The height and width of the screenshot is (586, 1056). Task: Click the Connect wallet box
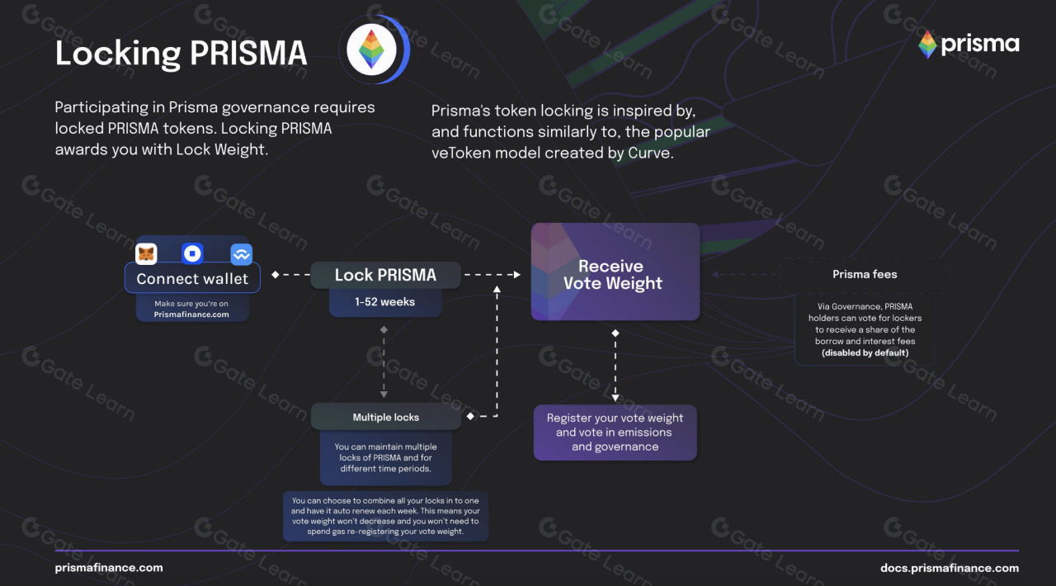[x=192, y=278]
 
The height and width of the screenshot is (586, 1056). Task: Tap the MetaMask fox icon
[x=146, y=254]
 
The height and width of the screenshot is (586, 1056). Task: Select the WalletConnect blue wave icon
[x=241, y=254]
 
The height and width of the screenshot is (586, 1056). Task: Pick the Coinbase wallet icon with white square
[x=192, y=254]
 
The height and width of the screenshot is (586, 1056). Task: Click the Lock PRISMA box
[x=385, y=275]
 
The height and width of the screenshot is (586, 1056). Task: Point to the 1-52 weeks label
[x=385, y=302]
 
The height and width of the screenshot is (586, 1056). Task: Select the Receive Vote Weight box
[x=615, y=272]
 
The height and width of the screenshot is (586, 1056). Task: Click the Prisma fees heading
[x=865, y=274]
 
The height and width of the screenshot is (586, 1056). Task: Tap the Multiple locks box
[x=386, y=417]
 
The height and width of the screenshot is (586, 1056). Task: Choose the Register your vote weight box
[x=615, y=432]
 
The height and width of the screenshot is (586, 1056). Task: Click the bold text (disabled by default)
[x=865, y=353]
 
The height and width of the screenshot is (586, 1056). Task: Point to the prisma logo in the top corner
[x=969, y=45]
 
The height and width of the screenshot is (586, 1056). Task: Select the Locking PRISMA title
[x=181, y=54]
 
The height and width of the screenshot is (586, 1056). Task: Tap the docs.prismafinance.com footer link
[x=950, y=568]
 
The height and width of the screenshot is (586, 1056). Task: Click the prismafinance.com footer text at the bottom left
[x=109, y=568]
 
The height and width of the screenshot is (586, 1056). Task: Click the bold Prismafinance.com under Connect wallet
[x=191, y=314]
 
